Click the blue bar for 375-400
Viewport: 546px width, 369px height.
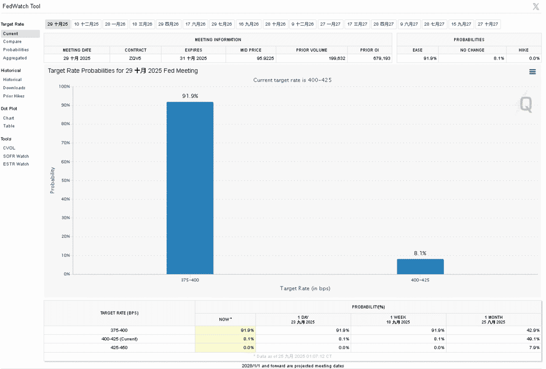click(190, 188)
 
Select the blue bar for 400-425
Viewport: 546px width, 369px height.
click(420, 266)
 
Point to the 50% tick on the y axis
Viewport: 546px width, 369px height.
click(66, 180)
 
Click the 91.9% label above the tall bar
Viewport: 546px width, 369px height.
click(190, 96)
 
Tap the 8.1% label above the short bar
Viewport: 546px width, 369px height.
click(420, 253)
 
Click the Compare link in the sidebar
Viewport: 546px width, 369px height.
click(12, 42)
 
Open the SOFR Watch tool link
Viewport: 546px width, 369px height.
click(16, 156)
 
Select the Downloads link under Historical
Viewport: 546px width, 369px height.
click(14, 88)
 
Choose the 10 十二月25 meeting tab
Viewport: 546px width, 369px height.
click(86, 24)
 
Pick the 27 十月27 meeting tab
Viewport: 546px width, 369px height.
click(488, 24)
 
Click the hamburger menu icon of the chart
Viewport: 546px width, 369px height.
click(533, 72)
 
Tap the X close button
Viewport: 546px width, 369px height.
click(536, 7)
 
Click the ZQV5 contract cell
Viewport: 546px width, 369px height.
click(135, 58)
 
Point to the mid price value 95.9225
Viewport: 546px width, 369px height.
click(266, 58)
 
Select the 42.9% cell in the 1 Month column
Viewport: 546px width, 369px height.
click(533, 331)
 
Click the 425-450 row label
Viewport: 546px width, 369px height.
click(119, 347)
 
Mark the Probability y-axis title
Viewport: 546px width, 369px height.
click(53, 180)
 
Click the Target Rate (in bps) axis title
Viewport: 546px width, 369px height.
click(305, 288)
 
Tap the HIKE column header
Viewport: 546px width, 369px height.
click(523, 50)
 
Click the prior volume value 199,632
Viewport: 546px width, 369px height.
click(337, 58)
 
